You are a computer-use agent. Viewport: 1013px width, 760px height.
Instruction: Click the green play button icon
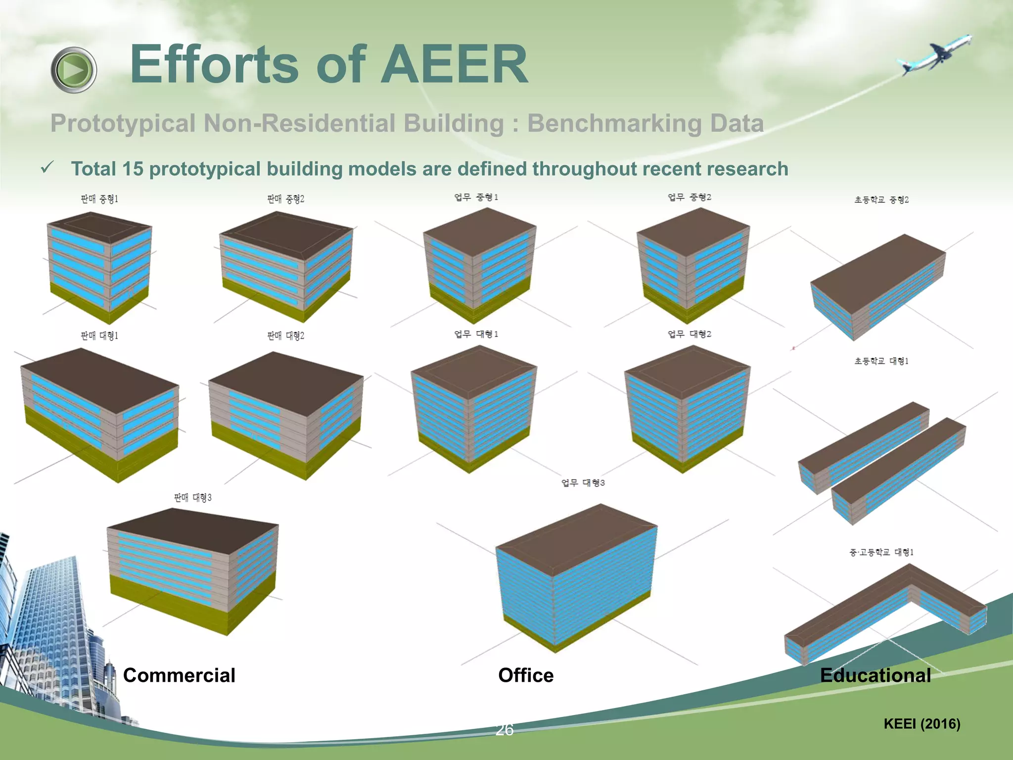coord(74,70)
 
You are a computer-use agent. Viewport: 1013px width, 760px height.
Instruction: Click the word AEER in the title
coord(454,64)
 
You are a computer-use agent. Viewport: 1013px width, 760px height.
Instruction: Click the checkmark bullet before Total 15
coord(47,168)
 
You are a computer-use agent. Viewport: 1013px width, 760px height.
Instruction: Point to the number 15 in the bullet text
coord(132,169)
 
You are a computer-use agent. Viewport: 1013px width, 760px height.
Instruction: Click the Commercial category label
coord(179,675)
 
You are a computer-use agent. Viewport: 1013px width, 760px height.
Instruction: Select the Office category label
coord(525,675)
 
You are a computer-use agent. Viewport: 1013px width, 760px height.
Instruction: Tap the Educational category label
coord(875,675)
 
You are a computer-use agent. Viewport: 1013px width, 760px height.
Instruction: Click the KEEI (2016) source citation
coord(921,723)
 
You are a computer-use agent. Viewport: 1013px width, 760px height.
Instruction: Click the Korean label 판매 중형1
coord(99,199)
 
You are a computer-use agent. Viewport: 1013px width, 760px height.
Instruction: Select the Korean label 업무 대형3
coord(583,482)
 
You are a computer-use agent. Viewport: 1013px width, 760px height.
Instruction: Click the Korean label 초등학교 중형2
coord(881,200)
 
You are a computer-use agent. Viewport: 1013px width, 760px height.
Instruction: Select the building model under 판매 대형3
coord(193,569)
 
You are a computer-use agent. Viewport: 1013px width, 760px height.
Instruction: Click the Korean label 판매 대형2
coord(285,336)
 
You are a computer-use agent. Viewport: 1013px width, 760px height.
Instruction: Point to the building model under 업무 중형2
coord(692,265)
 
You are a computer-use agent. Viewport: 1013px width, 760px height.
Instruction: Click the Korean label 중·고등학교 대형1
coord(881,552)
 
